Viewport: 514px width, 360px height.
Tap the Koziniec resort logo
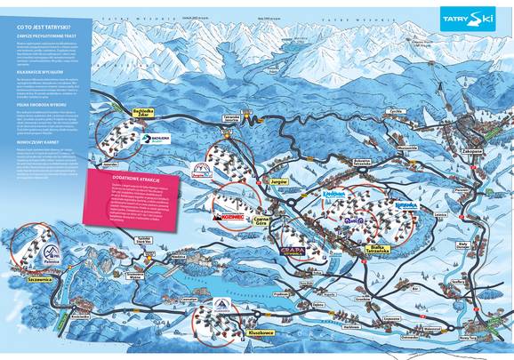click(x=227, y=214)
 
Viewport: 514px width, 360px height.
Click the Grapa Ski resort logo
click(x=294, y=252)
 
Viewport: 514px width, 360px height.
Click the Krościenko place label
click(x=81, y=316)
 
